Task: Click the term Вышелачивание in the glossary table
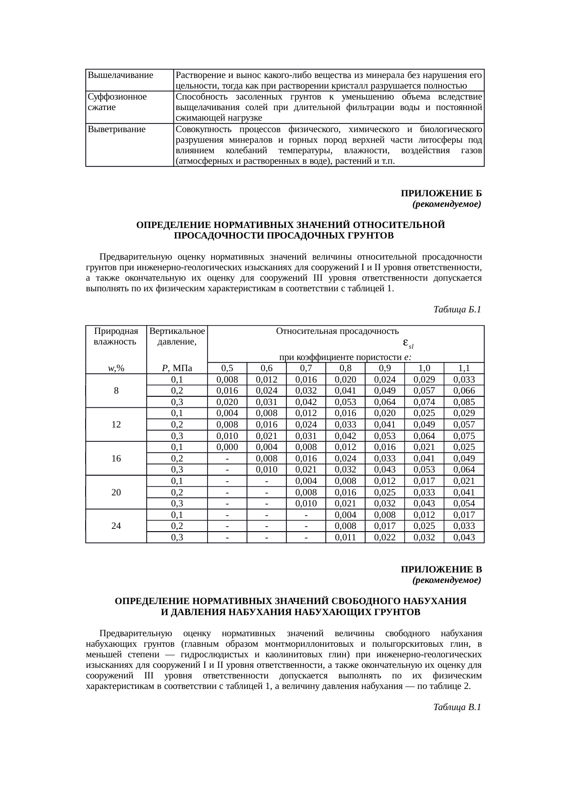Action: [x=120, y=75]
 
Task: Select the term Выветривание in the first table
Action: [x=116, y=129]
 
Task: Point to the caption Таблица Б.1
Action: [x=457, y=310]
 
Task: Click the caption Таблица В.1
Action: [x=457, y=707]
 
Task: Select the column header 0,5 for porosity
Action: [x=227, y=368]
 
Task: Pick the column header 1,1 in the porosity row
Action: [x=464, y=368]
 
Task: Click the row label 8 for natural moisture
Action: [x=116, y=391]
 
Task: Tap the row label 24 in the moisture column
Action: [x=116, y=526]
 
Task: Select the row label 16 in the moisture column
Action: [x=116, y=458]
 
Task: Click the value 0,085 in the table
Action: [x=464, y=402]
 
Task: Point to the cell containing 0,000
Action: [x=227, y=447]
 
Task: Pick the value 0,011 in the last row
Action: [x=345, y=537]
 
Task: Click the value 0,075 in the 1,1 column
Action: [x=464, y=436]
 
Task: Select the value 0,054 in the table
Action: [x=464, y=503]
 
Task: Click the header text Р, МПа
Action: [x=177, y=368]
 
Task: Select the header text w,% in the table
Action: [x=116, y=368]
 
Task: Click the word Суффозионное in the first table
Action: [x=117, y=97]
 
